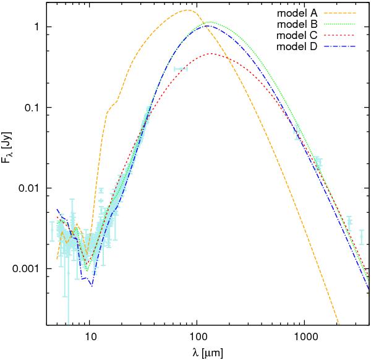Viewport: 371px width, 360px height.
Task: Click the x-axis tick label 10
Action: click(x=90, y=337)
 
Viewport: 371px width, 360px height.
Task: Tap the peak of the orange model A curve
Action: click(x=188, y=11)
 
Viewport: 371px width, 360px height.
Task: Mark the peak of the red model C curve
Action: click(x=211, y=54)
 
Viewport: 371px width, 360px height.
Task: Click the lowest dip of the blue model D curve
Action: click(x=92, y=286)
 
